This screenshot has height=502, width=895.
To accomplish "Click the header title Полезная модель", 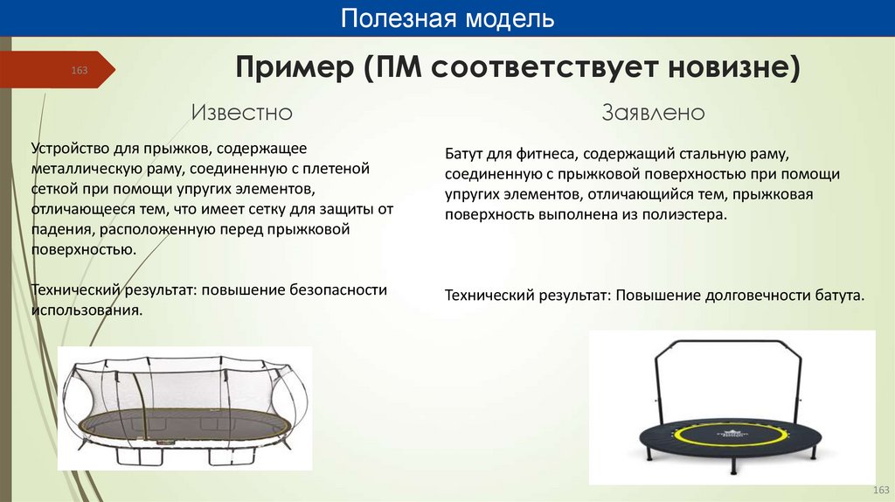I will (447, 18).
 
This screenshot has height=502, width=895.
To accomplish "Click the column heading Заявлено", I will (653, 113).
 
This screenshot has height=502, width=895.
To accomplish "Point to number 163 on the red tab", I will (80, 70).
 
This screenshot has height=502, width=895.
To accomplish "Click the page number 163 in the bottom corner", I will (881, 489).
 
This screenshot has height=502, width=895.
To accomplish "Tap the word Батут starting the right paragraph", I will (464, 154).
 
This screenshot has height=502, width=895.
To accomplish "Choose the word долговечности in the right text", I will (756, 295).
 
